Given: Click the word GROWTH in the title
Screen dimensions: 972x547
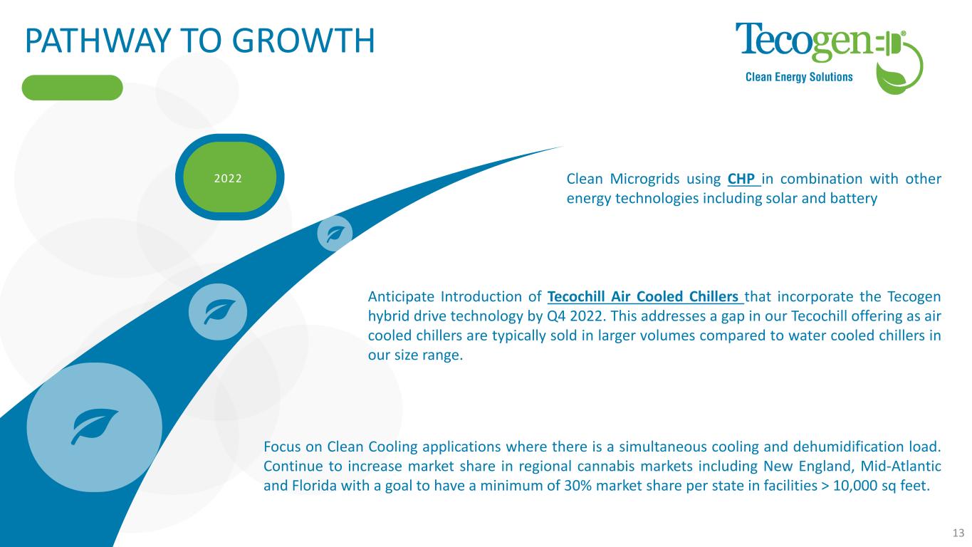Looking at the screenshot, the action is click(305, 41).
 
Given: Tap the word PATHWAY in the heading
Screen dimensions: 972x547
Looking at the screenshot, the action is click(97, 41).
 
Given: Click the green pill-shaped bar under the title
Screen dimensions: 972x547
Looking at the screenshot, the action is click(73, 88).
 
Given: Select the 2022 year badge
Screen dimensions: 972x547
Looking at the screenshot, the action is click(229, 177).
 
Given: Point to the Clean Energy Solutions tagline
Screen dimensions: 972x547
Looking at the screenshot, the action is click(799, 77).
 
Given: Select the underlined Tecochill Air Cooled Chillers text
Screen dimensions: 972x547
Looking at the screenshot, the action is click(645, 296).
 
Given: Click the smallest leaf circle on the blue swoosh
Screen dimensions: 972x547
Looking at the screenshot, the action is click(335, 234).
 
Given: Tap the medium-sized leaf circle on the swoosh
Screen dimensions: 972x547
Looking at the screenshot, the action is click(218, 312).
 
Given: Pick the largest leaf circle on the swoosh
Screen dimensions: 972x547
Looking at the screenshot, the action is click(95, 427).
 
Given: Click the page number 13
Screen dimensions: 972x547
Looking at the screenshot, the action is click(958, 533).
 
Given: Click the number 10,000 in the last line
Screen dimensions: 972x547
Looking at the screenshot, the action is click(855, 486).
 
